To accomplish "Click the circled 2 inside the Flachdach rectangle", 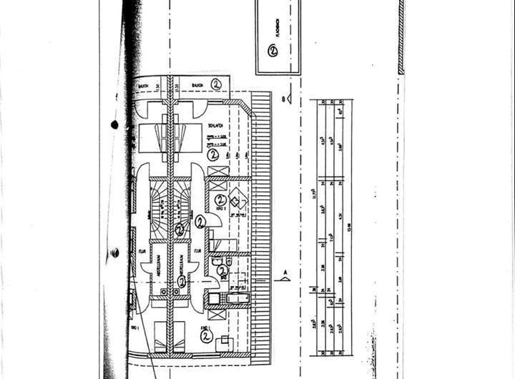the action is (x=273, y=51).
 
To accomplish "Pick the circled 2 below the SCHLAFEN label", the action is (x=212, y=153).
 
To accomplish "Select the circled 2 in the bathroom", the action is (x=222, y=271).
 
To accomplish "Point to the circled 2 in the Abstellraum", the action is (x=182, y=282).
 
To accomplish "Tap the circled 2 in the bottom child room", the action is (x=206, y=333).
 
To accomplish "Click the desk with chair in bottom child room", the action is (x=226, y=342).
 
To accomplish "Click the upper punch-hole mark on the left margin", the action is (x=114, y=124).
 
